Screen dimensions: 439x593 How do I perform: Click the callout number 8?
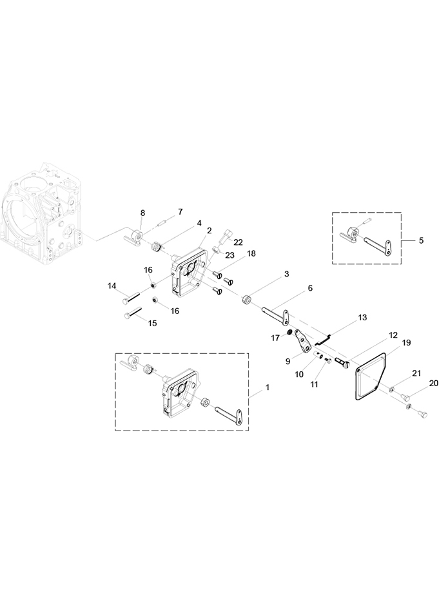142,213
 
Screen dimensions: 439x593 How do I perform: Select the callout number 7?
180,212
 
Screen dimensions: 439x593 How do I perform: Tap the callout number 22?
239,242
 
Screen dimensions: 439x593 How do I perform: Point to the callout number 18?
251,253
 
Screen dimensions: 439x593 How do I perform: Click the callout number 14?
112,286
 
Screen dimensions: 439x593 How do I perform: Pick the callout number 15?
152,324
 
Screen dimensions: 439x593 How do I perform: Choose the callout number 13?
362,318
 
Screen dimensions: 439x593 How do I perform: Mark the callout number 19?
407,343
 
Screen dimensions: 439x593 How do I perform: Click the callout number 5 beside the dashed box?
421,240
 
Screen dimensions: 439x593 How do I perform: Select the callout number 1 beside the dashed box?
268,388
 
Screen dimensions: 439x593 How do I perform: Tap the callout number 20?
433,384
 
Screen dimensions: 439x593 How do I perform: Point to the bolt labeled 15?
132,313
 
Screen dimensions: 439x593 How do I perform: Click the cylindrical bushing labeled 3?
248,300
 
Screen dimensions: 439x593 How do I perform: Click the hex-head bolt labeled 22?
226,236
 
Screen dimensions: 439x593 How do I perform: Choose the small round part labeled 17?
289,333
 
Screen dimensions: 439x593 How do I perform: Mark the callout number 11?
315,384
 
